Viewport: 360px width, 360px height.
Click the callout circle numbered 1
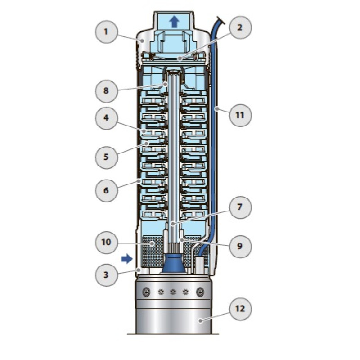point(107,31)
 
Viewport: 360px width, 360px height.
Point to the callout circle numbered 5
point(107,156)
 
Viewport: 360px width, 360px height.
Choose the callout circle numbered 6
point(107,191)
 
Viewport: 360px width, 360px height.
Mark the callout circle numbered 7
point(240,207)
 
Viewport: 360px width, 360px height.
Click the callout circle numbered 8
point(107,90)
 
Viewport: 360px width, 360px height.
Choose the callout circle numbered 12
point(240,309)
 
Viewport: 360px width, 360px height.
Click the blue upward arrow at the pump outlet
point(173,21)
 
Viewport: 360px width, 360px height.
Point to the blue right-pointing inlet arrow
point(127,258)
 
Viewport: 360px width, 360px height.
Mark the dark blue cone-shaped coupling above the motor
point(173,264)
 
